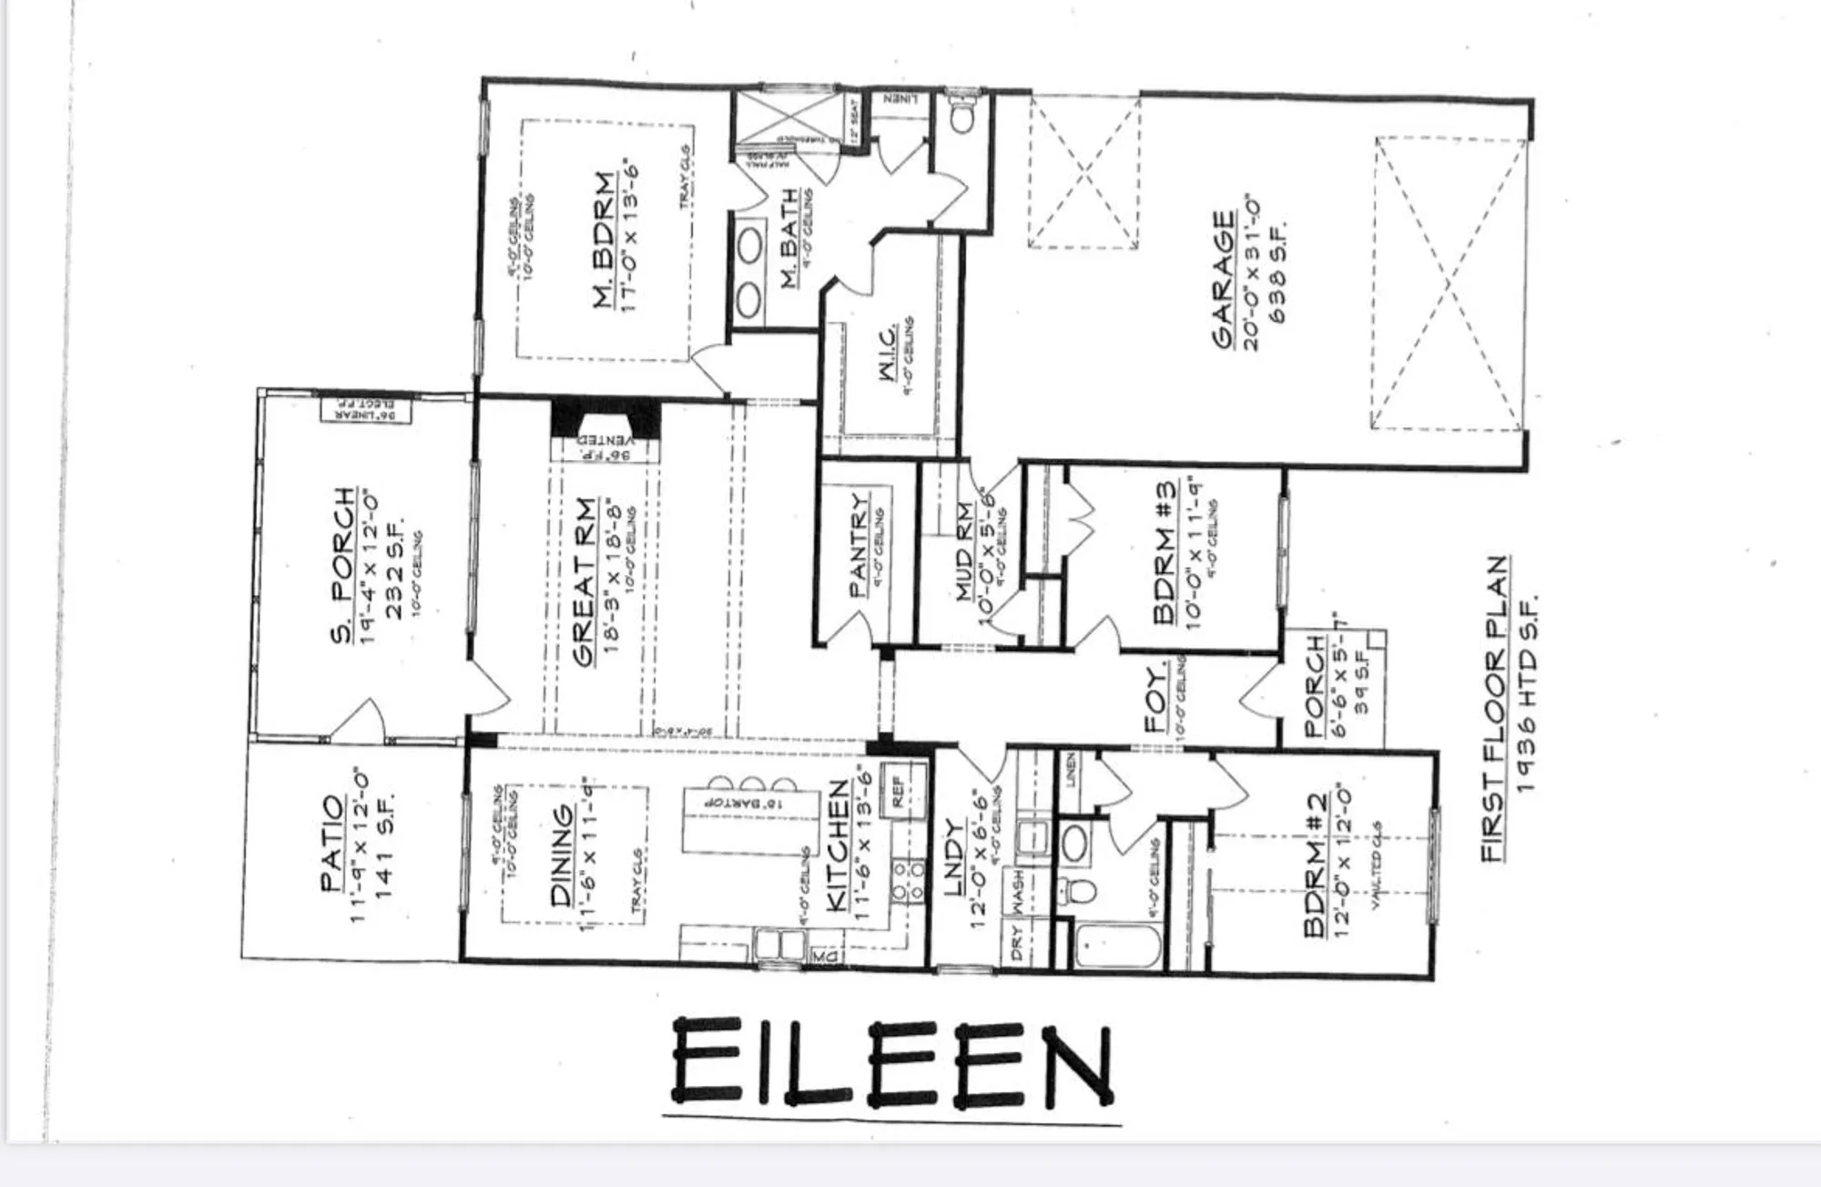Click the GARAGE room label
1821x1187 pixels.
pyautogui.click(x=1224, y=280)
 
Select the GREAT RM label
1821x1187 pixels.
pyautogui.click(x=585, y=582)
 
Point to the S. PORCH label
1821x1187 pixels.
pyautogui.click(x=342, y=566)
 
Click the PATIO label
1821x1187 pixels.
pyautogui.click(x=332, y=844)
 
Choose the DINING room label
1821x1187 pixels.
pyautogui.click(x=563, y=855)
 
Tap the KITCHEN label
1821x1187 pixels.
pyautogui.click(x=837, y=844)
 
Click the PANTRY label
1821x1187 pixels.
pyautogui.click(x=859, y=545)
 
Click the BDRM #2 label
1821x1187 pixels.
pyautogui.click(x=1316, y=863)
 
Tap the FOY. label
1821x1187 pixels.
pyautogui.click(x=1155, y=701)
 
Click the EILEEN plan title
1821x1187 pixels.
pyautogui.click(x=892, y=1064)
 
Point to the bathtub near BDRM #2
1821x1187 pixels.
pyautogui.click(x=1118, y=947)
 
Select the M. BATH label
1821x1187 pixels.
pyautogui.click(x=789, y=239)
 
